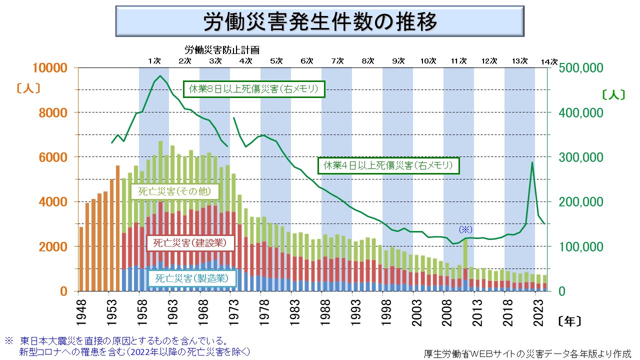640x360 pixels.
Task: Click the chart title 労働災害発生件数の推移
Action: pyautogui.click(x=320, y=22)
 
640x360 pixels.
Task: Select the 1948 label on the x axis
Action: pyautogui.click(x=81, y=310)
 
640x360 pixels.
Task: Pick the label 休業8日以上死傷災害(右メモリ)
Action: pyautogui.click(x=254, y=89)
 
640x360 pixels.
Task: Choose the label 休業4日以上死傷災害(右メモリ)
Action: pyautogui.click(x=388, y=165)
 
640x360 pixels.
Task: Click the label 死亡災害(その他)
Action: pyautogui.click(x=174, y=191)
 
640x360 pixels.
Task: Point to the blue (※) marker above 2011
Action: pyautogui.click(x=465, y=229)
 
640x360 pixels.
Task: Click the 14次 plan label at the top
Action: pyautogui.click(x=549, y=61)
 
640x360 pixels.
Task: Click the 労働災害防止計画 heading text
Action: pyautogui.click(x=222, y=50)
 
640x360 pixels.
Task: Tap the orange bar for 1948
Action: pyautogui.click(x=81, y=259)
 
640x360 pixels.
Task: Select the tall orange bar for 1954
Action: pyautogui.click(x=118, y=228)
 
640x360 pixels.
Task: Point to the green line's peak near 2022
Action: pyautogui.click(x=532, y=162)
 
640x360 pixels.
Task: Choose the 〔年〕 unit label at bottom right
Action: pyautogui.click(x=569, y=320)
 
